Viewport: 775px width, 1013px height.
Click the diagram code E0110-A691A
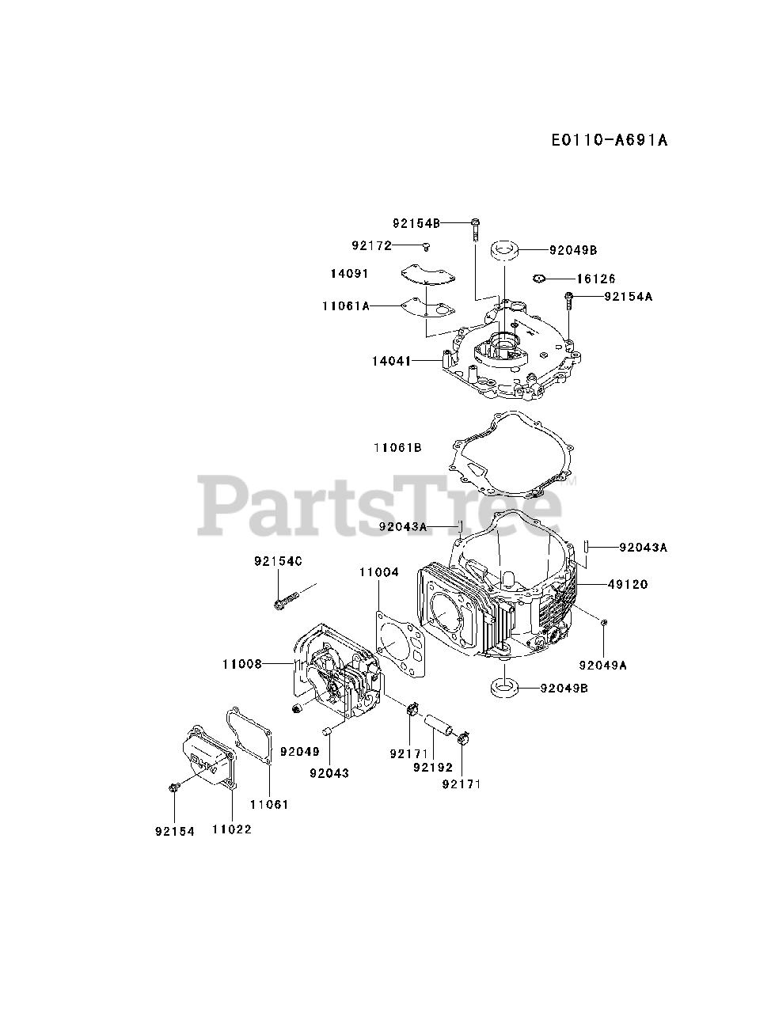pos(610,140)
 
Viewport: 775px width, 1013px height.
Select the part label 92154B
pos(416,222)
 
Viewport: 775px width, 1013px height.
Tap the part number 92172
pos(372,245)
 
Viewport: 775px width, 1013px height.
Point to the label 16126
pos(596,279)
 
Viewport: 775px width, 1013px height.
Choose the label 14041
pos(391,361)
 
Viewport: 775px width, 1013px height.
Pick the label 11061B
pos(397,447)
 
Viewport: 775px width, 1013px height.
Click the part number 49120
pos(628,584)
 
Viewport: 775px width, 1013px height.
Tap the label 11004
pos(379,571)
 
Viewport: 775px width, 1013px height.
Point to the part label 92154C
pos(279,561)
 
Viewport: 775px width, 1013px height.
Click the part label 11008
pos(241,664)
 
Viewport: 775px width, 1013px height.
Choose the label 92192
pos(433,767)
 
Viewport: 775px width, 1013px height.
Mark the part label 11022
pos(232,829)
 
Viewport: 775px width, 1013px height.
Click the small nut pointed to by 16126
pos(539,278)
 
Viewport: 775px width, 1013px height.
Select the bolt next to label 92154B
pos(474,228)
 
